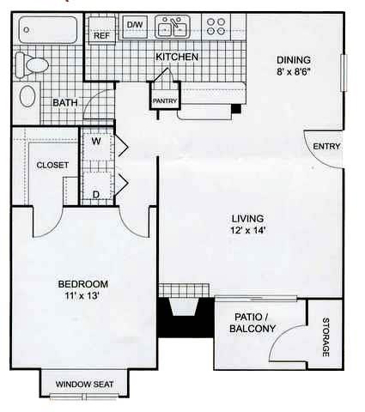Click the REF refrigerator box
[x=102, y=35]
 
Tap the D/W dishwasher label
[x=135, y=25]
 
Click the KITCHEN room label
[x=178, y=57]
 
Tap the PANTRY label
[x=164, y=100]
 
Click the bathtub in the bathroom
[x=48, y=31]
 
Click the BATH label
[x=64, y=103]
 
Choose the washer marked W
[x=96, y=142]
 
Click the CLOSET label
[x=52, y=165]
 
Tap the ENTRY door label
[x=325, y=146]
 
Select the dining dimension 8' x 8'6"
[x=293, y=73]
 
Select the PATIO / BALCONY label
[x=254, y=323]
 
